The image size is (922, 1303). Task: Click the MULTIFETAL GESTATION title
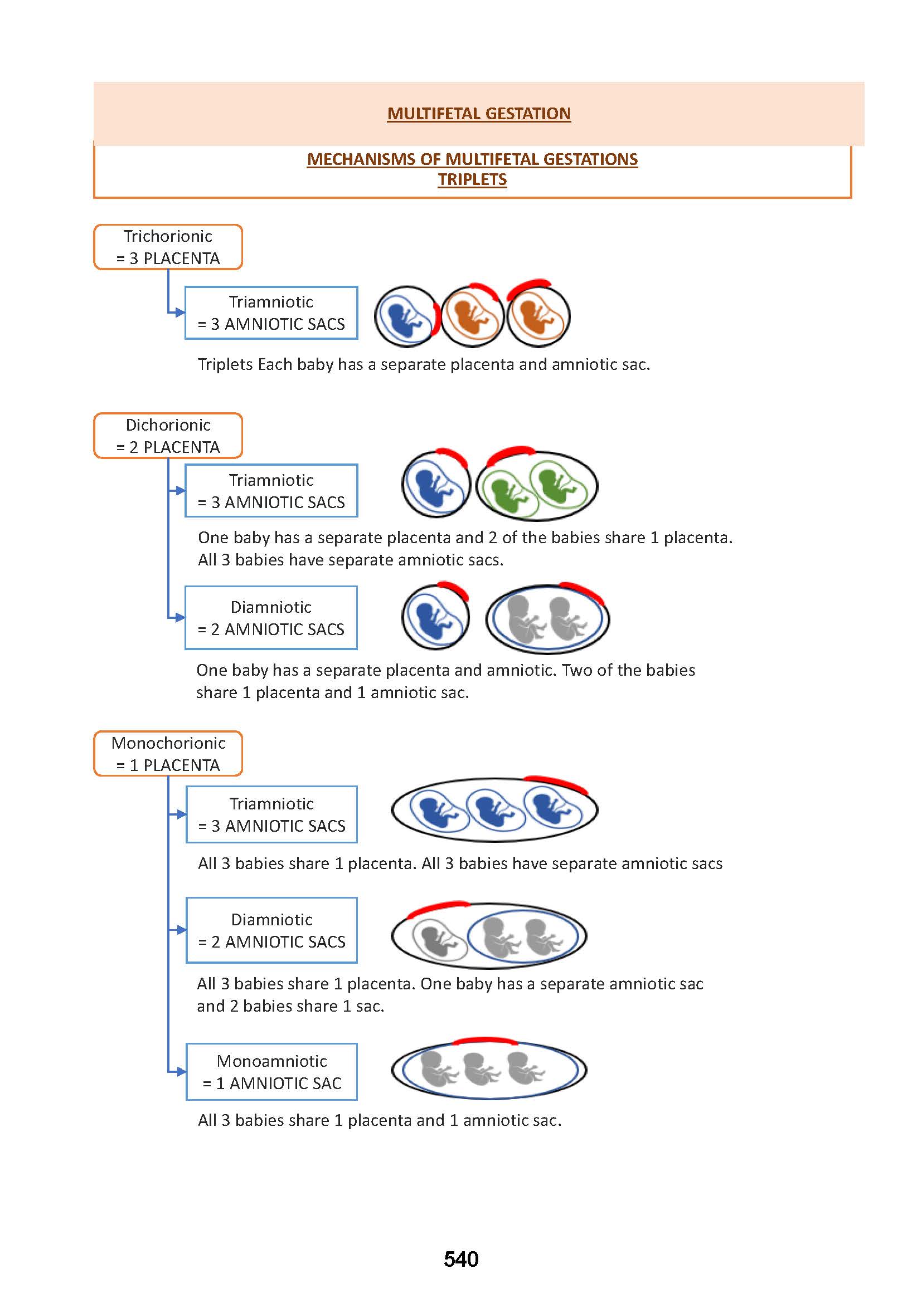(x=479, y=114)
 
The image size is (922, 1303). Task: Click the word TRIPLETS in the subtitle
(x=472, y=179)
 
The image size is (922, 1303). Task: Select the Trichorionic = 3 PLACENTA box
(x=168, y=247)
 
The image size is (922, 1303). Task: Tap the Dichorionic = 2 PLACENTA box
(x=168, y=436)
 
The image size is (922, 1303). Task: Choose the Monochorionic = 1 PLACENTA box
(x=168, y=754)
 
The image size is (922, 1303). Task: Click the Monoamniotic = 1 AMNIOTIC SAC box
(x=272, y=1071)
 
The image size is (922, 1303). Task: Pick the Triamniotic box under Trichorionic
(x=271, y=313)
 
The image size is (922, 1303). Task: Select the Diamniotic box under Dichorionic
(x=271, y=617)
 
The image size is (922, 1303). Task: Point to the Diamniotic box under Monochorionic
(x=272, y=930)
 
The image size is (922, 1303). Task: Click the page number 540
(x=461, y=1259)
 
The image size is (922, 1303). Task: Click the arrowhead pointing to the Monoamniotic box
(x=181, y=1071)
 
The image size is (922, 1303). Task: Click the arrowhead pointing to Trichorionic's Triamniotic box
(x=180, y=312)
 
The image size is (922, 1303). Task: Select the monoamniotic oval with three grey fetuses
(x=489, y=1070)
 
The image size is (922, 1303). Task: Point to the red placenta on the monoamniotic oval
(x=486, y=1040)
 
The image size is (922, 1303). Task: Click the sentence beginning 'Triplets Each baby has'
(x=424, y=364)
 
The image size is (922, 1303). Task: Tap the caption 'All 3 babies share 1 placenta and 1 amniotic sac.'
(x=379, y=1120)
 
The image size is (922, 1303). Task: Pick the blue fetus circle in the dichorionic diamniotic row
(x=435, y=617)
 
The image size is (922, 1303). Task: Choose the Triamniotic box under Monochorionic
(x=272, y=814)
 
